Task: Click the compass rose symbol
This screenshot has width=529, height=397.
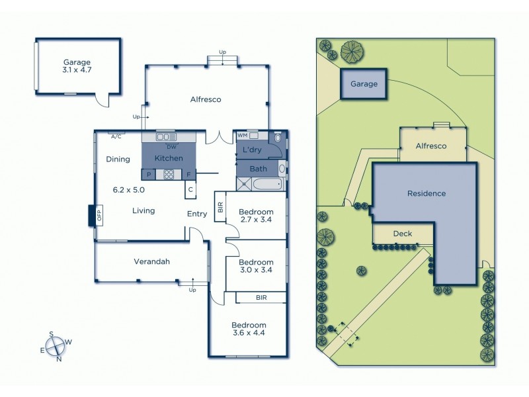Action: [x=56, y=347]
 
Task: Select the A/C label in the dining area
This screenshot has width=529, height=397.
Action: [x=116, y=136]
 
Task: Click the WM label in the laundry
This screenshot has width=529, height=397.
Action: [x=243, y=136]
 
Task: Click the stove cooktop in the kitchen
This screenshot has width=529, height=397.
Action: [x=169, y=175]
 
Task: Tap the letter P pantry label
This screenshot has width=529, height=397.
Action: [x=149, y=175]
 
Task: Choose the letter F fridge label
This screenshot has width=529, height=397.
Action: [x=188, y=175]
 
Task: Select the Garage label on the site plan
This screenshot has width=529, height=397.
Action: [x=364, y=84]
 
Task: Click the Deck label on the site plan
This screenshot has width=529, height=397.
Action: [x=403, y=234]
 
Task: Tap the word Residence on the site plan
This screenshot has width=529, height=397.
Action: [x=427, y=194]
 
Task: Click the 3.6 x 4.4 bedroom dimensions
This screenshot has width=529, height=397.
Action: [x=248, y=335]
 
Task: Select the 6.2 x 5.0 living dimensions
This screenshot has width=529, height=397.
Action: [x=129, y=189]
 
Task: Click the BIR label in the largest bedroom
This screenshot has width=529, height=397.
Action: [x=261, y=298]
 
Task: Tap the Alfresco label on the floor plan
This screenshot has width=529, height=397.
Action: [x=206, y=99]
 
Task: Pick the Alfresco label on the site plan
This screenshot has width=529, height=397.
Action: [x=432, y=146]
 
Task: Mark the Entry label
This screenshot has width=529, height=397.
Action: [x=197, y=214]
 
